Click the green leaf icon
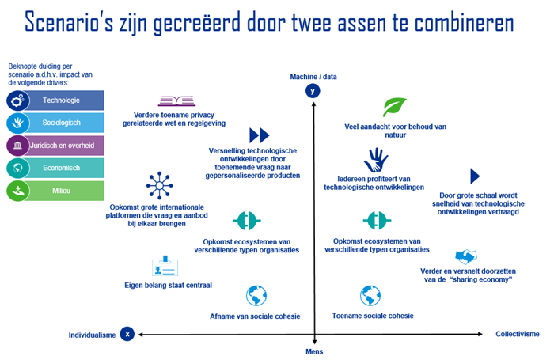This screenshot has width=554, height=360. pos(395,107)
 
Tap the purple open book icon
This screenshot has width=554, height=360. pos(176,101)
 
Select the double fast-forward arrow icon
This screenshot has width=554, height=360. pos(260,135)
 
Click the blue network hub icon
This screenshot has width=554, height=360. pos(159,185)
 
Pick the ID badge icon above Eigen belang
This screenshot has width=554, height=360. pos(165,266)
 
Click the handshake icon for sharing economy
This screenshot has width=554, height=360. pos(466,256)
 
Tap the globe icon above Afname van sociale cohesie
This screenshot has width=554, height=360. pos(256,296)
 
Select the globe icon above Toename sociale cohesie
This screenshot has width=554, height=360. pos(370,296)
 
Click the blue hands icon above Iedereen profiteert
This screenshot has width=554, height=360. pos(376,160)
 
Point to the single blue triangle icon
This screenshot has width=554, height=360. pos(475,176)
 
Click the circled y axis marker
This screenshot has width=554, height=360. pos(313,91)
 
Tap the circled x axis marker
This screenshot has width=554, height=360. pos(127,334)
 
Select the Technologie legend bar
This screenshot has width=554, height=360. pos(55,100)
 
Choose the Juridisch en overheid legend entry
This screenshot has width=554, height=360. pos(55,146)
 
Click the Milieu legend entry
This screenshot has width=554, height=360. pos(55,191)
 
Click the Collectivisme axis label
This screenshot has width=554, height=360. pos(518,334)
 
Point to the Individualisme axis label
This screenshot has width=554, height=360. pos(92,335)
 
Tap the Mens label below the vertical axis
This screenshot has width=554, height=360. pos(314,351)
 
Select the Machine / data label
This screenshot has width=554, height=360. pos(313,77)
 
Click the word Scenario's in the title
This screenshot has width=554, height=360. pos(70,22)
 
